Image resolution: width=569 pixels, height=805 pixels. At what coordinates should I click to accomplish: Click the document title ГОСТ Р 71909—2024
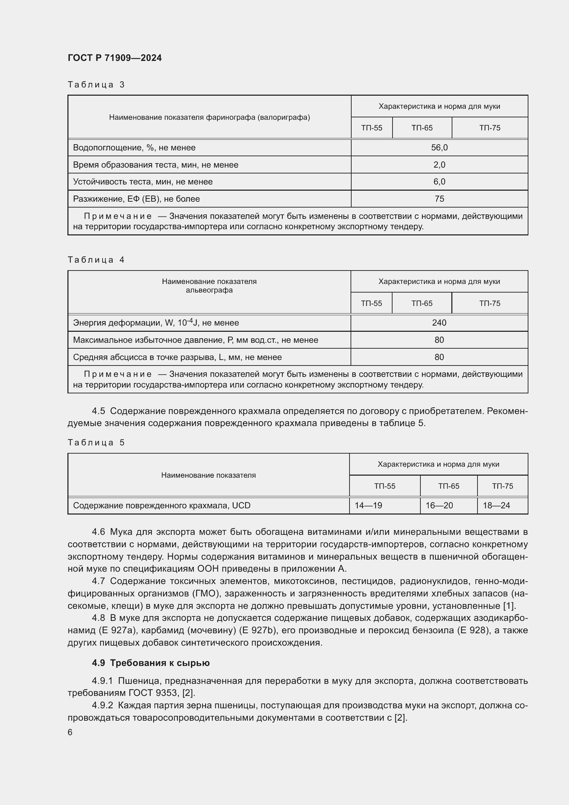pos(115,58)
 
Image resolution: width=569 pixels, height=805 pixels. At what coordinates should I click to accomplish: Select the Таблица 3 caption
pos(96,85)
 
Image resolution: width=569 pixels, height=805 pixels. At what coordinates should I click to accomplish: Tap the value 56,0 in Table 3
pos(439,148)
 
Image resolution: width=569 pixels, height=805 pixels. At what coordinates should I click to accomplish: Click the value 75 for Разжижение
pos(439,199)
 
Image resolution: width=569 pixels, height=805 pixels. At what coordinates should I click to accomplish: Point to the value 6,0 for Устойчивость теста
pos(439,182)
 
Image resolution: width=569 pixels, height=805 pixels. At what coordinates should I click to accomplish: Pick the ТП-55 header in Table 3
pos(372,128)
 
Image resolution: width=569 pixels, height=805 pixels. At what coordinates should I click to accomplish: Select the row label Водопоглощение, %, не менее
pos(134,148)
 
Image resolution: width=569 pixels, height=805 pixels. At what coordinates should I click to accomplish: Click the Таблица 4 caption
pos(96,260)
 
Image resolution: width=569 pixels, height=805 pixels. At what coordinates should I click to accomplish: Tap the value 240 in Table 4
pos(439,322)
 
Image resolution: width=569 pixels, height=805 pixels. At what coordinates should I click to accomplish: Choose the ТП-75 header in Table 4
pos(490,303)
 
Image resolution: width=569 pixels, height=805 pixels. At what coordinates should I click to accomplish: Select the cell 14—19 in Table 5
pos(368,505)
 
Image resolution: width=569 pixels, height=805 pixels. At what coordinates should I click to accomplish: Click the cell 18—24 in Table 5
pos(496,505)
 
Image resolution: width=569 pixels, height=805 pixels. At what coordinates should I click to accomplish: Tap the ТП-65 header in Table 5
pos(449,486)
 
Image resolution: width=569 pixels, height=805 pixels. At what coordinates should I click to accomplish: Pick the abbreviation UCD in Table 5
pos(241,505)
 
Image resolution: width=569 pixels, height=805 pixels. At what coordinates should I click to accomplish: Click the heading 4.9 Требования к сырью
pos(151,663)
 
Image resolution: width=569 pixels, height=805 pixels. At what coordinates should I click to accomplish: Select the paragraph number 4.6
pos(98,532)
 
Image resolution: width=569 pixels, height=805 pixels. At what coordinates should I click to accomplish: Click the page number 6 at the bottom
pos(70,732)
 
